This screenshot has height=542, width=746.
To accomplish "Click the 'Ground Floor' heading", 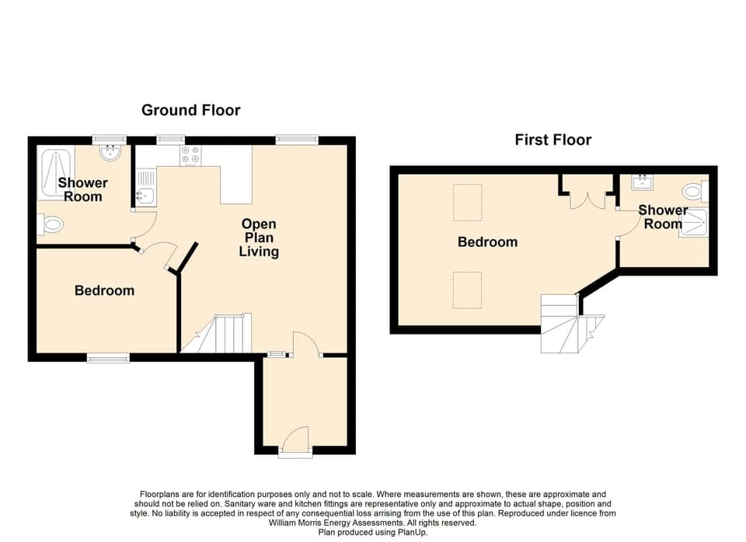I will [x=190, y=110].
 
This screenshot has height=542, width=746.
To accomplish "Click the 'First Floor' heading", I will [x=553, y=140].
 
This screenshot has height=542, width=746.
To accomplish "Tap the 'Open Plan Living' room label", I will [x=259, y=238].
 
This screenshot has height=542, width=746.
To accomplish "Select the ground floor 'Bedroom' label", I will [x=104, y=290].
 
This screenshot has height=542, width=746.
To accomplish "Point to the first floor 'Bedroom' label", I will [x=487, y=242].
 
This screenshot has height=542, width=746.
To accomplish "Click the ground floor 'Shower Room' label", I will [x=82, y=189].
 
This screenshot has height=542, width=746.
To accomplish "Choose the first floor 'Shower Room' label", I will [x=663, y=217].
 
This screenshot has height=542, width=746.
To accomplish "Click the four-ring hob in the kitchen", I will [x=190, y=156].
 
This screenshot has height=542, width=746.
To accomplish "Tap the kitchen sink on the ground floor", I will [x=145, y=190].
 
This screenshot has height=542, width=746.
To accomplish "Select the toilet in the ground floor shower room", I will [x=51, y=225].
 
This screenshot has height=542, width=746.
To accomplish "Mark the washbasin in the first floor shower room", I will [x=643, y=183].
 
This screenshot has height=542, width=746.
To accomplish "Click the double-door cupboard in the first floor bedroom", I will [x=587, y=193].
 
